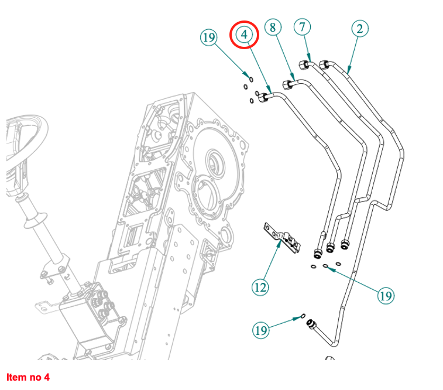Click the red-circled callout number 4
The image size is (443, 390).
[245, 35]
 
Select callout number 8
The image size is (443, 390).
[273, 27]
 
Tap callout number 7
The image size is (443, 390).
[303, 27]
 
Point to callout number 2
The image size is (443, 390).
[359, 28]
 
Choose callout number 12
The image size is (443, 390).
[260, 287]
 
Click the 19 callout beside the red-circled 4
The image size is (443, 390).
[209, 39]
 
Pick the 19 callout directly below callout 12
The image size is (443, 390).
[260, 330]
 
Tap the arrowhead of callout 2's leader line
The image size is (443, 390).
[348, 71]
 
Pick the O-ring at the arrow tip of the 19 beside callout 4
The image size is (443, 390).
[250, 79]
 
